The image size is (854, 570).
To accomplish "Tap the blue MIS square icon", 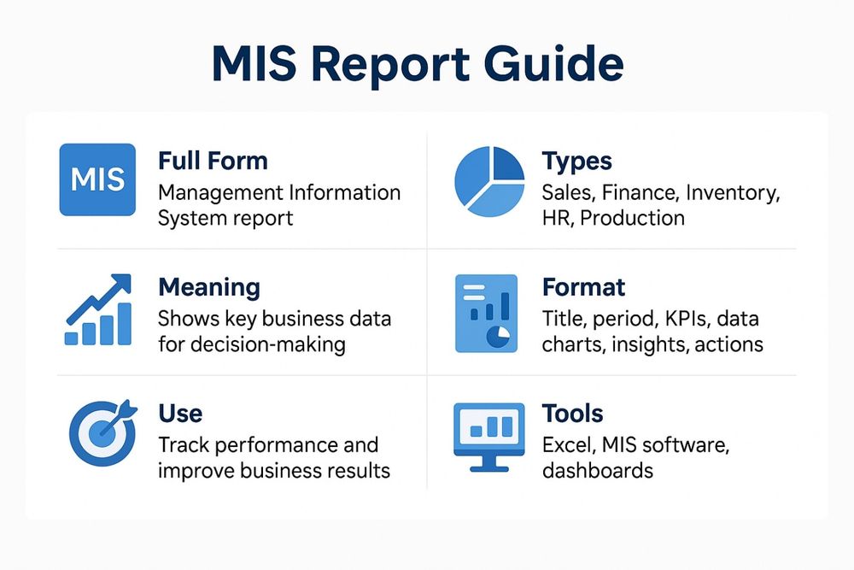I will [x=97, y=179].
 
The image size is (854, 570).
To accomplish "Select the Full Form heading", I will [x=213, y=161].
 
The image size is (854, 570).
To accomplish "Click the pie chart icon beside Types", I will [x=489, y=179].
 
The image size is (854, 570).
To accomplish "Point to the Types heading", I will [x=576, y=161].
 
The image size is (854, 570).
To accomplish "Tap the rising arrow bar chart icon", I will [x=99, y=309].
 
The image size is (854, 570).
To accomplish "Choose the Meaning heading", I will [x=209, y=286].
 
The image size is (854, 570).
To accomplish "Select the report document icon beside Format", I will [x=486, y=314].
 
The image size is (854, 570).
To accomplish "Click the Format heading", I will [x=583, y=286].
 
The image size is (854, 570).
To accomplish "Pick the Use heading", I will [x=180, y=414].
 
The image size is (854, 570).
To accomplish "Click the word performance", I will [x=265, y=445].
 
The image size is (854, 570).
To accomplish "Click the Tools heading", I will [x=572, y=414].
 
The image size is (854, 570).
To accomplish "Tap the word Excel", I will [x=566, y=445].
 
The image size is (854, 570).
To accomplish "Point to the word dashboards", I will [x=597, y=470].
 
